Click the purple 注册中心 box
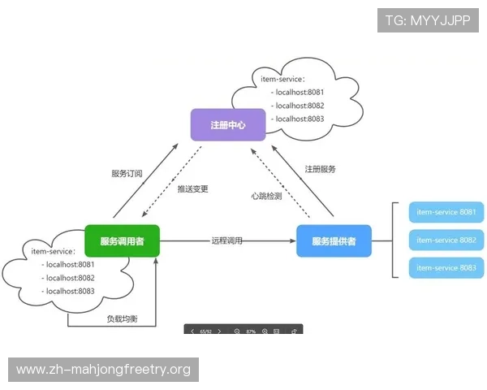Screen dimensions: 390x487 point(227,125)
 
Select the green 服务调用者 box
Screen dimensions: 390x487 point(122,240)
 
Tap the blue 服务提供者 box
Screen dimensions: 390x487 point(334,241)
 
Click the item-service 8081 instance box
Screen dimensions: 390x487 point(446,213)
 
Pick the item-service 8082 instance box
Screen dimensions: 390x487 point(446,240)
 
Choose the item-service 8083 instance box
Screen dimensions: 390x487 point(446,268)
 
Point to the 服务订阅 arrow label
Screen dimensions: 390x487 point(127,174)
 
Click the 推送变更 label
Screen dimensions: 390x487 point(193,188)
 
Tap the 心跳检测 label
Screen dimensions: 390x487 point(266,196)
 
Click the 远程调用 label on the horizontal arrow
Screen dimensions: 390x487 point(226,241)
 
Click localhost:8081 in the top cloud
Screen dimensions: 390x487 point(300,93)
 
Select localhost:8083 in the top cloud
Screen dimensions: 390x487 point(300,119)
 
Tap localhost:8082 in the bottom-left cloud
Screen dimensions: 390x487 point(70,278)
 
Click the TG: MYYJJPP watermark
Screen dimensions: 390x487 point(428,19)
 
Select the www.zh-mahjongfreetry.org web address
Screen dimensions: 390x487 point(103,370)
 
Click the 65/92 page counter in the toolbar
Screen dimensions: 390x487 point(205,331)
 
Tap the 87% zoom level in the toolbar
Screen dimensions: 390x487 point(251,331)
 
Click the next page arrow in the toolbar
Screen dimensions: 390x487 point(219,331)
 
